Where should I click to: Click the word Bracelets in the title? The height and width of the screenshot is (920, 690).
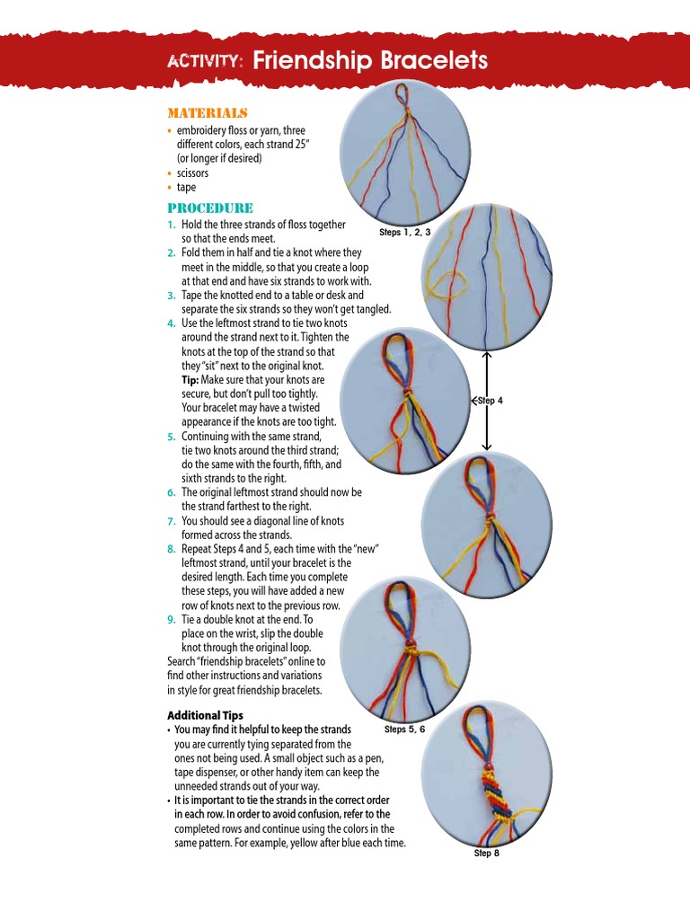pyautogui.click(x=430, y=60)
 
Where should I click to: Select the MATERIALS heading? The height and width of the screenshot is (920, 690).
pyautogui.click(x=208, y=113)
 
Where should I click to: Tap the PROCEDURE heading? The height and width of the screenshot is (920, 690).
pyautogui.click(x=210, y=208)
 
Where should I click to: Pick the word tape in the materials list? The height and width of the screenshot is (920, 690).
pyautogui.click(x=186, y=188)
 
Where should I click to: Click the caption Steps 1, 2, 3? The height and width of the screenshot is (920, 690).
pyautogui.click(x=405, y=233)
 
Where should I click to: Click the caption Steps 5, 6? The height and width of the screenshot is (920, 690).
pyautogui.click(x=404, y=730)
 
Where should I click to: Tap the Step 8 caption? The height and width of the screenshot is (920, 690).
pyautogui.click(x=486, y=853)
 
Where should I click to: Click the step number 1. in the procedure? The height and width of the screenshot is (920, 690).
pyautogui.click(x=171, y=225)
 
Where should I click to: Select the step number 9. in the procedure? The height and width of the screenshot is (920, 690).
pyautogui.click(x=171, y=620)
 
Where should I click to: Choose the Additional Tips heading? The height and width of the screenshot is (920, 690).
pyautogui.click(x=205, y=715)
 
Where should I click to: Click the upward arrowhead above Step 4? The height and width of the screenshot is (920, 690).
pyautogui.click(x=486, y=355)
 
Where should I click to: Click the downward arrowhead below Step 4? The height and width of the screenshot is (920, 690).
pyautogui.click(x=486, y=447)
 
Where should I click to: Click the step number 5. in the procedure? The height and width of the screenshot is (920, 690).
pyautogui.click(x=171, y=437)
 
